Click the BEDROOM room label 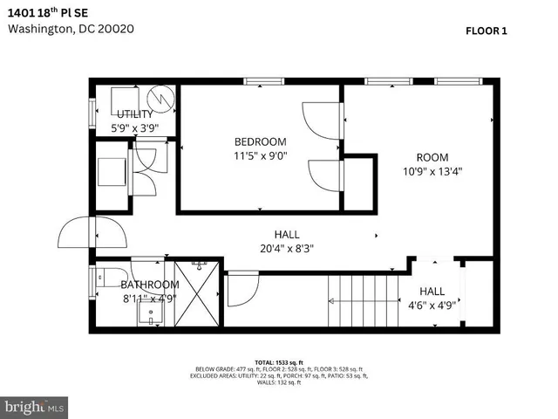pos(260,141)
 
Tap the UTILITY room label pos(135,113)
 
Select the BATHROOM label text pos(150,285)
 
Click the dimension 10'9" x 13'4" pos(432,172)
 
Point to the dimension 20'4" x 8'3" pos(287,248)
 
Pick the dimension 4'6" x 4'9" pos(432,306)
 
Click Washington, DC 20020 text pos(71,28)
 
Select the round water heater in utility pos(160,98)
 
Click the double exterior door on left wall pos(90,232)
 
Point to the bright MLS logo pos(35,407)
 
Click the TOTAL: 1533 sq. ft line pos(278,361)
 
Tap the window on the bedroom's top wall pos(264,82)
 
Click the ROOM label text pos(432,157)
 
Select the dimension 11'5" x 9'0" pos(260,156)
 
